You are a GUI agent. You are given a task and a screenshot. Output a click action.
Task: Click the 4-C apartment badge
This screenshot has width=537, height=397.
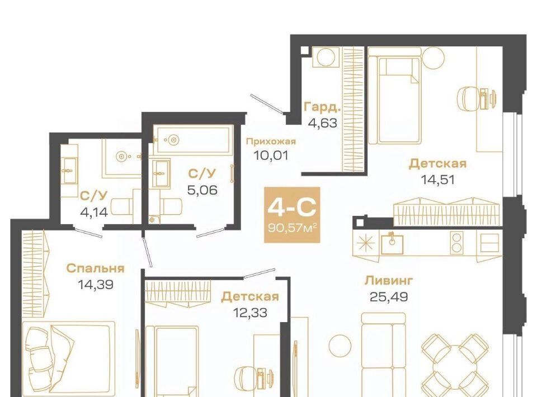(292, 215)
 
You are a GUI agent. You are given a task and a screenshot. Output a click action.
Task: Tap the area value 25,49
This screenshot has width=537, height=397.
(389, 296)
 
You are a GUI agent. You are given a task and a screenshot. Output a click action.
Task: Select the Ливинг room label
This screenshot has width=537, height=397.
(389, 281)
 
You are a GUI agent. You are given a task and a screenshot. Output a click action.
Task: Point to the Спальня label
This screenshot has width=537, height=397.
(95, 268)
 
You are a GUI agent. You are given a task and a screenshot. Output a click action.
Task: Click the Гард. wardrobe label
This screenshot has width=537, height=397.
(323, 107)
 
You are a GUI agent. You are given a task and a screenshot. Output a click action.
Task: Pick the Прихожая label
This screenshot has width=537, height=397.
(271, 141)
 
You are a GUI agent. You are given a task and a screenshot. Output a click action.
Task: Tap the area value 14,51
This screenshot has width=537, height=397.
(437, 179)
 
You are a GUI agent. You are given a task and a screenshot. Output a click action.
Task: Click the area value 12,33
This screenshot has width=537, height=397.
(250, 313)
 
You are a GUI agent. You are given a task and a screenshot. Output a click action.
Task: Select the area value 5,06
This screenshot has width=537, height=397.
(202, 190)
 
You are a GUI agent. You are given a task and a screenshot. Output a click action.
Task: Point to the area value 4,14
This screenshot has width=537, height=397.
(94, 212)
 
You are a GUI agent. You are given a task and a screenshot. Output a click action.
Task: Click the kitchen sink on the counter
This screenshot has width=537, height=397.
(393, 243)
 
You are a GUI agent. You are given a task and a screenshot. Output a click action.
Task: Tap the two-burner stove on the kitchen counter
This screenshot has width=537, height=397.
(456, 243)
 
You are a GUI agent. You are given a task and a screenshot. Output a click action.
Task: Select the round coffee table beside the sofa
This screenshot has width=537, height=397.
(340, 346)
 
